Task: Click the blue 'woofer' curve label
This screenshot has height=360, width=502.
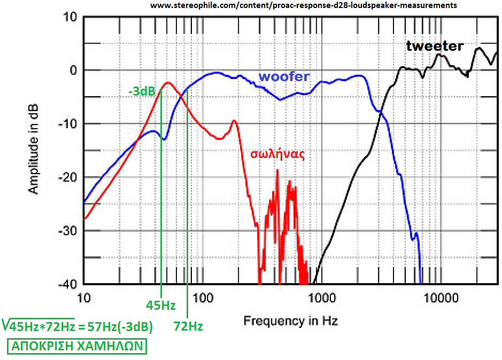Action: (x=283, y=77)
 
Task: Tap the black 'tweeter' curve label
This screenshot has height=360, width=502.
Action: (x=434, y=46)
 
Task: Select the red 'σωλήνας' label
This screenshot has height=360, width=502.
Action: (x=277, y=154)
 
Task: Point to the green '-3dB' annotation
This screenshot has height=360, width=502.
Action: (x=142, y=91)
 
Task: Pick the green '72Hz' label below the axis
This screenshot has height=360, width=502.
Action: (x=188, y=326)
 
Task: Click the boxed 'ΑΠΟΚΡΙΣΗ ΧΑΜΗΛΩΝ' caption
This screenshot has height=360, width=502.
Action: (x=77, y=346)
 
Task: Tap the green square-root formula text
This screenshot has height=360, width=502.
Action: (x=78, y=325)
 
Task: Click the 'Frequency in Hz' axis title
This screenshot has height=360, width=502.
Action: (x=290, y=321)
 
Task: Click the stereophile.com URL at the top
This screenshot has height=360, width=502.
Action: (x=303, y=5)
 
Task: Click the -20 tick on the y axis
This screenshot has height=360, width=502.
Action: (x=69, y=177)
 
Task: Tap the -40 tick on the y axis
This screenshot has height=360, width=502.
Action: (x=69, y=284)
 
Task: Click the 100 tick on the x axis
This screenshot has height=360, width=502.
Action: (x=202, y=297)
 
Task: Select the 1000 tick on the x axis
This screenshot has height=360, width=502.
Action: (x=321, y=297)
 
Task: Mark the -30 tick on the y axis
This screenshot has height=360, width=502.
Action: (x=69, y=231)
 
